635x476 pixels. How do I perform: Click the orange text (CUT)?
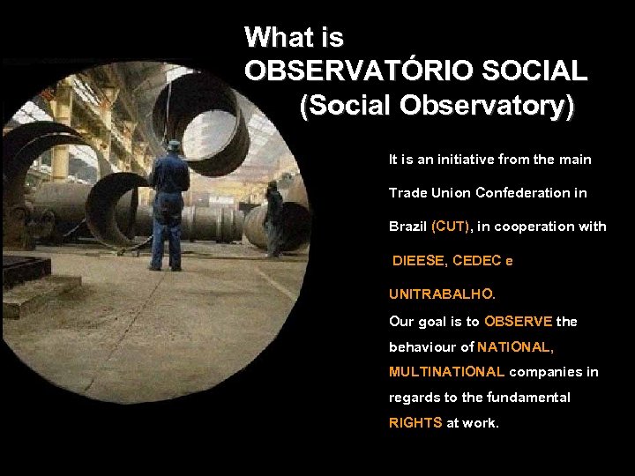[452, 227]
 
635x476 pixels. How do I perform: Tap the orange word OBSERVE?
[519, 322]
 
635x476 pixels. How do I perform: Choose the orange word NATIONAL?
[516, 347]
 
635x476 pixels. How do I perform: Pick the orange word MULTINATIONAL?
[447, 372]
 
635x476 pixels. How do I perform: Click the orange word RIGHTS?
[415, 423]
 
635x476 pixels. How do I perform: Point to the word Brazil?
[408, 227]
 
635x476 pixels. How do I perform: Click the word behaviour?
[422, 347]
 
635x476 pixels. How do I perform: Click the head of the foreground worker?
[174, 146]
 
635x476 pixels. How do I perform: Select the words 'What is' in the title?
[294, 38]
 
